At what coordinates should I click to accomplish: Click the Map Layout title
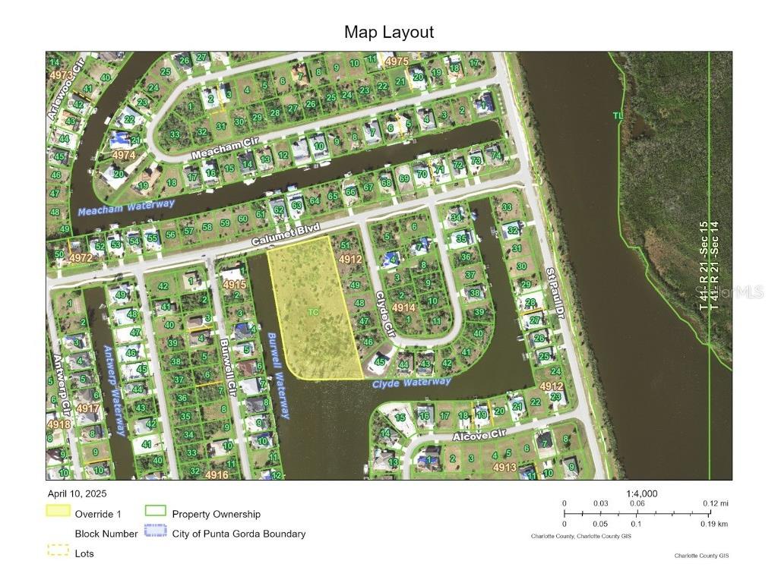(x=389, y=32)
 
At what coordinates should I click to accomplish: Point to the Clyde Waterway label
(x=411, y=383)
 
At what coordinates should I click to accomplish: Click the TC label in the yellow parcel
(x=313, y=312)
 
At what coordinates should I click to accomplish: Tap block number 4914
(x=403, y=307)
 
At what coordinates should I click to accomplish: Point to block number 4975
(x=397, y=61)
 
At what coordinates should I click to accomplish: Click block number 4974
(x=122, y=155)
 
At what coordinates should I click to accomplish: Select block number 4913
(x=504, y=468)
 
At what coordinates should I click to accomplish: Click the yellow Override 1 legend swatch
(x=59, y=514)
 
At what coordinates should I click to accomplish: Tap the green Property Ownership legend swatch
(x=156, y=514)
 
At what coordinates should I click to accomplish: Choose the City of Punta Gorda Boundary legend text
(x=239, y=534)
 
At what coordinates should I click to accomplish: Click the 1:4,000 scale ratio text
(x=642, y=493)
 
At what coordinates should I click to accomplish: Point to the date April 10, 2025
(x=79, y=493)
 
